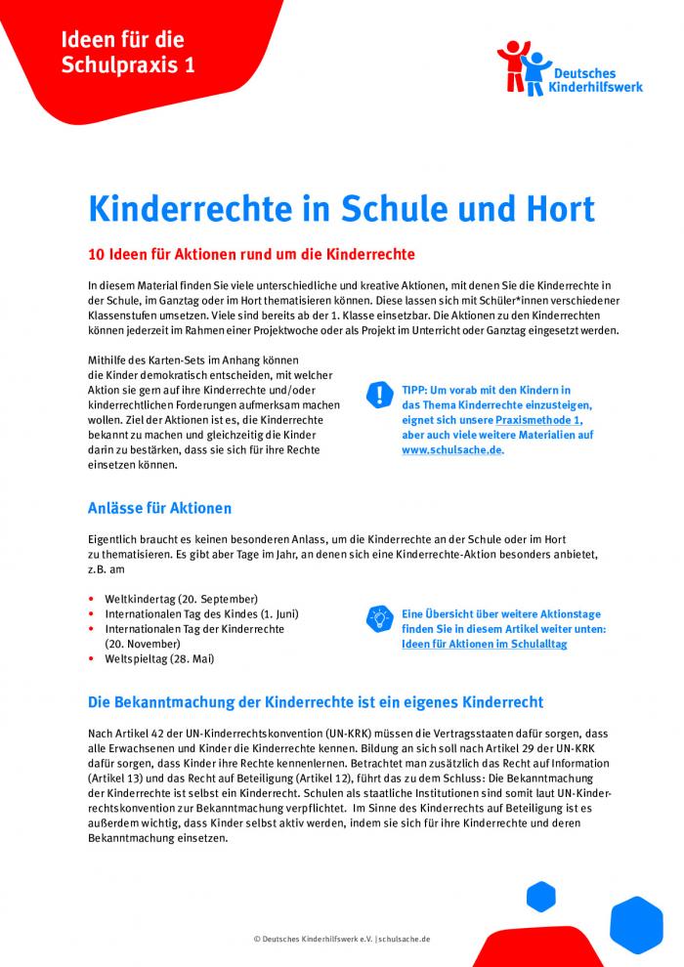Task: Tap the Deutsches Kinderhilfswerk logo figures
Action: (x=523, y=67)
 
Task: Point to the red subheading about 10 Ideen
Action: (x=251, y=255)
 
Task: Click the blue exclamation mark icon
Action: (x=378, y=395)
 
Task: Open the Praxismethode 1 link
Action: (x=541, y=419)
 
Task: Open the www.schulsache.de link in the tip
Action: (x=451, y=450)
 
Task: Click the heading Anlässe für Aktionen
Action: (x=159, y=508)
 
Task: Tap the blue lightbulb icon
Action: (x=378, y=617)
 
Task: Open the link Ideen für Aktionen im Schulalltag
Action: (x=484, y=644)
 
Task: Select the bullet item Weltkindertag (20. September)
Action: (x=181, y=598)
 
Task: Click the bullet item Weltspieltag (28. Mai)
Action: (x=159, y=658)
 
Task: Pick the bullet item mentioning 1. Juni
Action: (x=201, y=613)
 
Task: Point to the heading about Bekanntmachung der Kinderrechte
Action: (x=315, y=702)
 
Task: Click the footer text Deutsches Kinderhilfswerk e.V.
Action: (x=312, y=939)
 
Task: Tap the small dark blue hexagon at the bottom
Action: (x=540, y=895)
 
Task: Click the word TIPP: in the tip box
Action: (x=416, y=389)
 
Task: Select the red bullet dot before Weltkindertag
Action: (x=91, y=599)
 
